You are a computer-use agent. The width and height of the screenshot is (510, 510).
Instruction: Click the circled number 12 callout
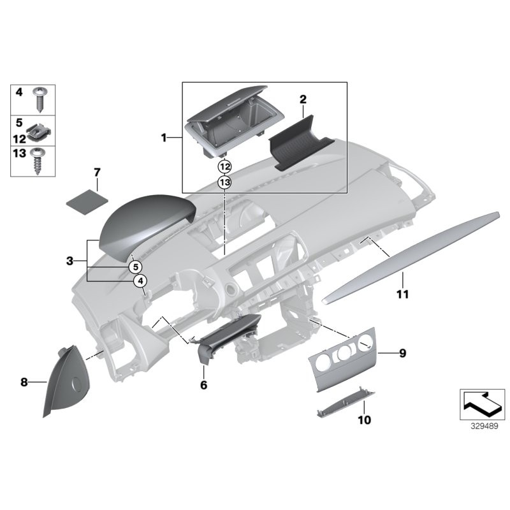(x=224, y=167)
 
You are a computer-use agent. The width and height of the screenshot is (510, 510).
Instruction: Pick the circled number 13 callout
(x=224, y=182)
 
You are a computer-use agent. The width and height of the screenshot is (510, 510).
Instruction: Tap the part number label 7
(x=97, y=173)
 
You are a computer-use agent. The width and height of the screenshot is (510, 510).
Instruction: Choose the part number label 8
(x=24, y=382)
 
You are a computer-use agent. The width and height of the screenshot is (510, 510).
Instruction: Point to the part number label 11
(x=402, y=295)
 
